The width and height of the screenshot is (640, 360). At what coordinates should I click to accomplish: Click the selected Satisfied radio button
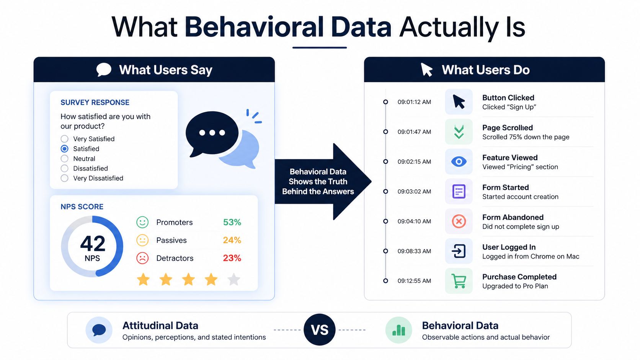click(x=65, y=149)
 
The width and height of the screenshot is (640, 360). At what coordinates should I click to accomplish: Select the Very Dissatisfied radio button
click(x=65, y=178)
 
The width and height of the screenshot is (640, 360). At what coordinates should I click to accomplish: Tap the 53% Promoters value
click(x=232, y=222)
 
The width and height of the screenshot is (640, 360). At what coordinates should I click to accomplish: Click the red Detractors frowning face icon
click(x=142, y=258)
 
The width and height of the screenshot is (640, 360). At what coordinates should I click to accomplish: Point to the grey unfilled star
click(x=234, y=279)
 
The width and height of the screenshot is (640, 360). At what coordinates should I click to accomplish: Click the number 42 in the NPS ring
click(x=93, y=243)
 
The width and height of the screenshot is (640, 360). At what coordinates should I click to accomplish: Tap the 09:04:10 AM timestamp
click(x=414, y=221)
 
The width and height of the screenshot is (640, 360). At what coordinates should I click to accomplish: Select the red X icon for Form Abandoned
click(x=459, y=221)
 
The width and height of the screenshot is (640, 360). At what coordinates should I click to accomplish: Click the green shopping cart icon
click(x=459, y=281)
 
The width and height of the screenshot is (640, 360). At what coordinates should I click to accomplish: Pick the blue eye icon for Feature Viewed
click(x=459, y=161)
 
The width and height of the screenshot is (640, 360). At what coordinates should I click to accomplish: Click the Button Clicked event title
click(x=508, y=98)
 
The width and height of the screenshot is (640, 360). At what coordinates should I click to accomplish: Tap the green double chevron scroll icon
click(x=459, y=132)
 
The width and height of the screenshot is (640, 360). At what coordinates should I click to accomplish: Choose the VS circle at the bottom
click(x=320, y=330)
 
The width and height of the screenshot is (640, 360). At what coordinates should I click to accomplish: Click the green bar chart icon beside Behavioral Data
click(x=398, y=330)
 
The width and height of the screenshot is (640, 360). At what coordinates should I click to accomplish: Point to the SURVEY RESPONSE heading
click(x=95, y=103)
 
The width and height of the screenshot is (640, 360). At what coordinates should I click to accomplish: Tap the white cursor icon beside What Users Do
click(x=426, y=70)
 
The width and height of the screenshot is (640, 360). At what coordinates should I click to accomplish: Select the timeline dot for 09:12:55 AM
click(x=385, y=281)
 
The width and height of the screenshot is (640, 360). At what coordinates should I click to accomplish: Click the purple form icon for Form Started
click(x=459, y=191)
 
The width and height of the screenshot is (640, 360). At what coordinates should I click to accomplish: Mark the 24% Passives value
click(x=232, y=240)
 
